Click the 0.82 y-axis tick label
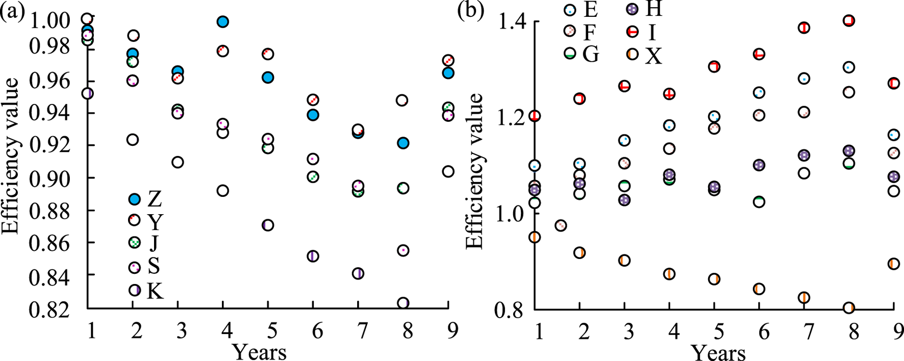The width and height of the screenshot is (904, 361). click(x=50, y=308)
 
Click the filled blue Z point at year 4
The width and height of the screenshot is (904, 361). click(x=223, y=22)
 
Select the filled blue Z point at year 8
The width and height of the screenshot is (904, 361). click(x=403, y=143)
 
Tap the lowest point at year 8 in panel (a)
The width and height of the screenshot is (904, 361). click(x=403, y=303)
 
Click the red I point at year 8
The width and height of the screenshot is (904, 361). click(x=849, y=21)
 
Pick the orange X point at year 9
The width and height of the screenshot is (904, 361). click(x=893, y=264)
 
